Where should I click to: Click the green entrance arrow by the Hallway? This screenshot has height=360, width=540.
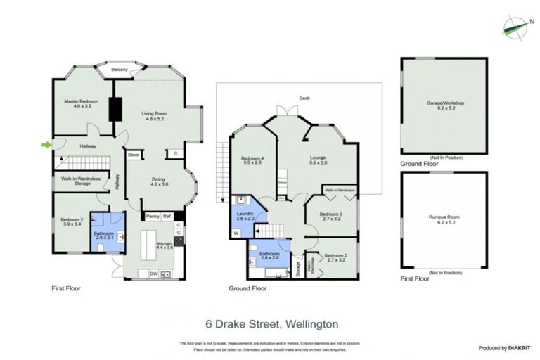46,146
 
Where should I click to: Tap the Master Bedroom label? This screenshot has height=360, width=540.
82,102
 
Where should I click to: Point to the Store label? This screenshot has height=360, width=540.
134,154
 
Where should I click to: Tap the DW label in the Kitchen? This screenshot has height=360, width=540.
153,274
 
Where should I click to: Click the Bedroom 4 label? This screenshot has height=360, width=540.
252,158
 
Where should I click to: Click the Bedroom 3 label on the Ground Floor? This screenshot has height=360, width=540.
330,214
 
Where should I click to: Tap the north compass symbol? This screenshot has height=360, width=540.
518,26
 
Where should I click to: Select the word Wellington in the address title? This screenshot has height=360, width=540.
312,324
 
